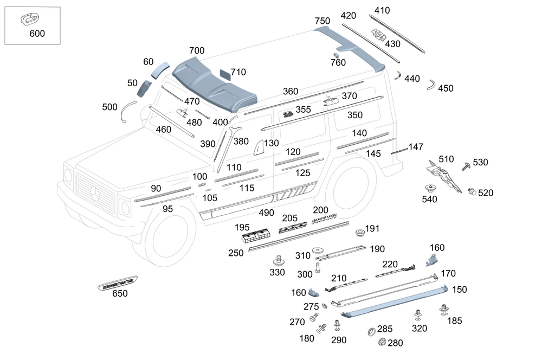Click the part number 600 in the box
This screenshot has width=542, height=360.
(x=37, y=34)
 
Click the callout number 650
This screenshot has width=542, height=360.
(x=119, y=294)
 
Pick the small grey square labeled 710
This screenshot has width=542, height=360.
(x=225, y=73)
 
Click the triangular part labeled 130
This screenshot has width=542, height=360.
(x=258, y=147)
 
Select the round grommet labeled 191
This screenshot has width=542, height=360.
(x=359, y=233)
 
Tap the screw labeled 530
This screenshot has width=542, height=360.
(x=466, y=166)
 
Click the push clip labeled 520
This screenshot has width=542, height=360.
(x=471, y=191)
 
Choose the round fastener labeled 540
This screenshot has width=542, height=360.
(x=431, y=189)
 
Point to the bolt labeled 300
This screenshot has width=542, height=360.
(x=318, y=265)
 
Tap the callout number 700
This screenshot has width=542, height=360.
(x=197, y=51)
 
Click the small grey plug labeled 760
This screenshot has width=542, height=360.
(x=335, y=55)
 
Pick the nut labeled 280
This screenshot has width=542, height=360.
(x=380, y=342)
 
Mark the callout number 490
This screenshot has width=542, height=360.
(x=266, y=214)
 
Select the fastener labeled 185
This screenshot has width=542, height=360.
(x=444, y=310)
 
